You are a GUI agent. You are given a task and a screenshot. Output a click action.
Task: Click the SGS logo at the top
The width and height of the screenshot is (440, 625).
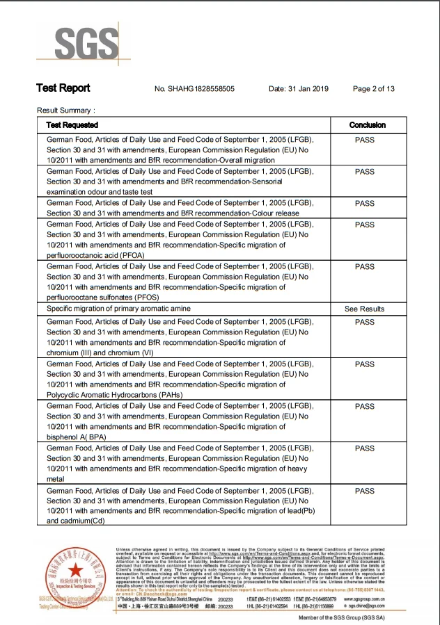(79, 42)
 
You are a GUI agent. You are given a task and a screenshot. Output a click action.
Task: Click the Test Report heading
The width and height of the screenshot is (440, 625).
(63, 88)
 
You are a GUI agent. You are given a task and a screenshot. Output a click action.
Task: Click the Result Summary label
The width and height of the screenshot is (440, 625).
(66, 111)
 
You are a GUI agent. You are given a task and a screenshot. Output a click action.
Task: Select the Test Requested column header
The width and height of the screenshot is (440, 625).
(72, 125)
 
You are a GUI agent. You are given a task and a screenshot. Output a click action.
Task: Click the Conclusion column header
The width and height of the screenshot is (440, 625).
(367, 125)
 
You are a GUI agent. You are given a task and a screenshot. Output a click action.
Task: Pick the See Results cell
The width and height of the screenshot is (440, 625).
(364, 309)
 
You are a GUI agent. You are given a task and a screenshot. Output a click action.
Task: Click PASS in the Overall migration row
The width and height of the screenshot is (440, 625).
(364, 140)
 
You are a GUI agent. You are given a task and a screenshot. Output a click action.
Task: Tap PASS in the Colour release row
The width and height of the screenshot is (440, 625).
(364, 204)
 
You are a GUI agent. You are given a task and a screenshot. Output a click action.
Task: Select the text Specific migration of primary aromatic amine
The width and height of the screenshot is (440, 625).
(118, 308)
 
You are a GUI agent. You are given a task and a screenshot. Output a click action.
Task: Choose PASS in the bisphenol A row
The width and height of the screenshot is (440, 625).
(364, 406)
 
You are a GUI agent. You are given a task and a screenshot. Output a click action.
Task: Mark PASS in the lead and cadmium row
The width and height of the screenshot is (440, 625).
(364, 491)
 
